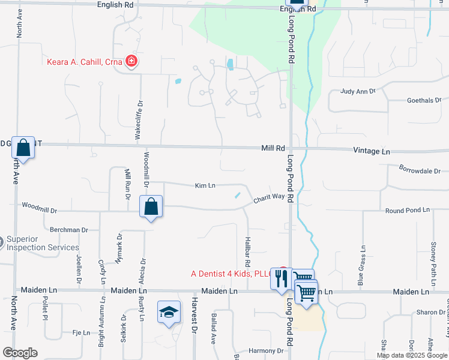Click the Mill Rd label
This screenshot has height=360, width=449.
[x=273, y=148]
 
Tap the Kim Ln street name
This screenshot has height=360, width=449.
[x=205, y=186]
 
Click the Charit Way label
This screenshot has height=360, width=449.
[x=268, y=197]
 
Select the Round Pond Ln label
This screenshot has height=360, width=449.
[x=408, y=211]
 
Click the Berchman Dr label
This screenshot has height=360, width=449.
[x=69, y=230]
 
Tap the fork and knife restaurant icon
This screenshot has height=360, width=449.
[x=280, y=278]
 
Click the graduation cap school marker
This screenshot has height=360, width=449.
[x=169, y=311]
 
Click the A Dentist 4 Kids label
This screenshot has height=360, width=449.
[x=232, y=274]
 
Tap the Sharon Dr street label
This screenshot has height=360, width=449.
[x=427, y=313]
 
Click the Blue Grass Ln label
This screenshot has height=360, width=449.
[x=362, y=264]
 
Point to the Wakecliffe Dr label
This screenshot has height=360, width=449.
[x=139, y=120]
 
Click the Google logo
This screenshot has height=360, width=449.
[x=20, y=353]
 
